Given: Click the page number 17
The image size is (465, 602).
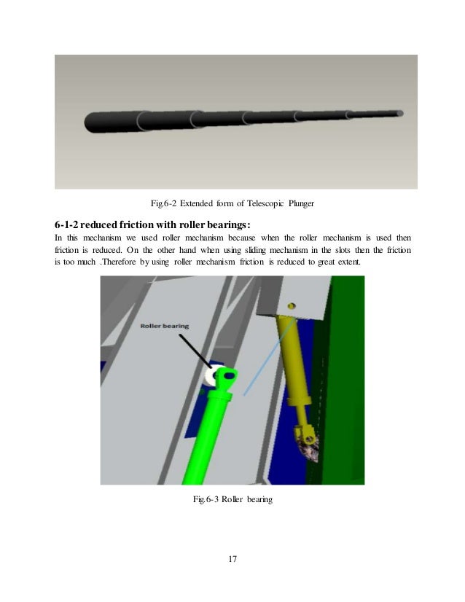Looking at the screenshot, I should point(232,559).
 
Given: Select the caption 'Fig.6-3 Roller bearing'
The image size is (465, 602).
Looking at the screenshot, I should point(232,499).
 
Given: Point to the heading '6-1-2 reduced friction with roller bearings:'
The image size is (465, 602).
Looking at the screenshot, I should point(157,223).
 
